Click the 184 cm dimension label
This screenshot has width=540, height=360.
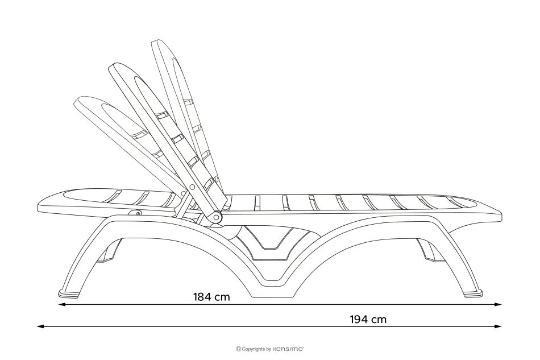pyautogui.click(x=212, y=296)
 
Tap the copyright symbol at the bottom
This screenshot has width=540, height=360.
pyautogui.click(x=238, y=348)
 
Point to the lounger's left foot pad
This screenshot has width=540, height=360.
pyautogui.click(x=69, y=294)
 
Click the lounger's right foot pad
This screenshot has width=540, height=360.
pyautogui.click(x=473, y=294)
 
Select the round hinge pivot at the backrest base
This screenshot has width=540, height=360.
pyautogui.click(x=217, y=217)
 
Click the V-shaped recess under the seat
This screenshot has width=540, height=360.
pyautogui.click(x=272, y=239)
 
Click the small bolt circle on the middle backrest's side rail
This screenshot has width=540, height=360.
pyautogui.click(x=192, y=186)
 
